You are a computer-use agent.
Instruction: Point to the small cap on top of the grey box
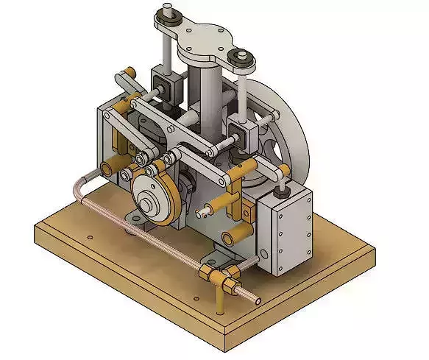click(x=280, y=191)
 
